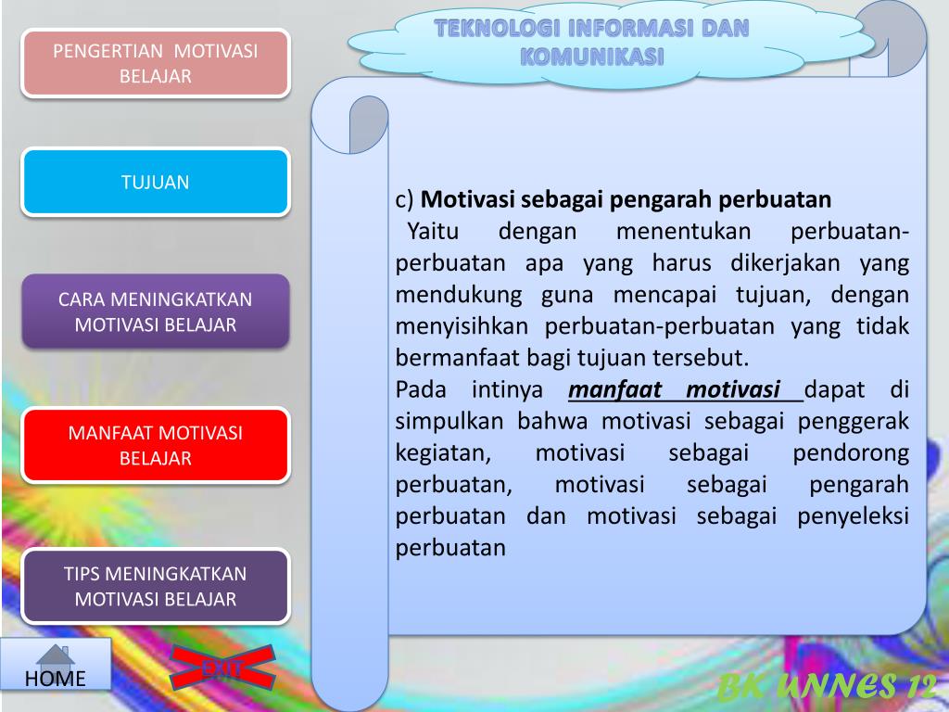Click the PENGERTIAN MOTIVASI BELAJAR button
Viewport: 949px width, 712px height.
(x=156, y=63)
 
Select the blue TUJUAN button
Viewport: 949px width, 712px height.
(x=156, y=182)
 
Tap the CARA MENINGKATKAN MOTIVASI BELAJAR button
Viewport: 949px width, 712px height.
(x=156, y=311)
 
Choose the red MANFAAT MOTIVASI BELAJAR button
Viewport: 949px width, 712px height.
(x=156, y=445)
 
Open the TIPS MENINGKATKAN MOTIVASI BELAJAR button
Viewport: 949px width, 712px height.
(x=156, y=586)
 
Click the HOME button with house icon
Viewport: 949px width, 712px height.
(x=56, y=666)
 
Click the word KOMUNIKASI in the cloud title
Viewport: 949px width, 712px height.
(x=592, y=57)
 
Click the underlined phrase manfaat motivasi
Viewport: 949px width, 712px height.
(x=675, y=389)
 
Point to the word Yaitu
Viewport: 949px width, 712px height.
(x=434, y=231)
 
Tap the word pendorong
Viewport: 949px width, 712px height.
(x=851, y=452)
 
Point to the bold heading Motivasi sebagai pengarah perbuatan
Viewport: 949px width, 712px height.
(x=626, y=199)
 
